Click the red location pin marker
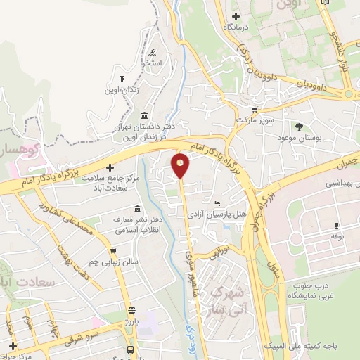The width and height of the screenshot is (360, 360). pyautogui.click(x=181, y=166)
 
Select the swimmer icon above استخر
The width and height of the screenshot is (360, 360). pyautogui.click(x=153, y=53)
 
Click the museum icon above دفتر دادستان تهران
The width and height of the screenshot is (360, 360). pyautogui.click(x=144, y=115)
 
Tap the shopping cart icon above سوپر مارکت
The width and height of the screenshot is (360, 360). pyautogui.click(x=255, y=110)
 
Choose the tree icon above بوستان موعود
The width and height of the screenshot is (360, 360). pyautogui.click(x=300, y=127)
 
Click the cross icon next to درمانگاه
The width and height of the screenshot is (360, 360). pyautogui.click(x=236, y=16)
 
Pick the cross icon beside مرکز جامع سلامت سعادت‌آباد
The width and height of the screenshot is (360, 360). pyautogui.click(x=110, y=167)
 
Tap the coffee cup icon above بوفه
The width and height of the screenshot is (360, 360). pyautogui.click(x=336, y=225)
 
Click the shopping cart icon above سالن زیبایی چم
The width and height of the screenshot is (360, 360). pyautogui.click(x=112, y=250)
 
